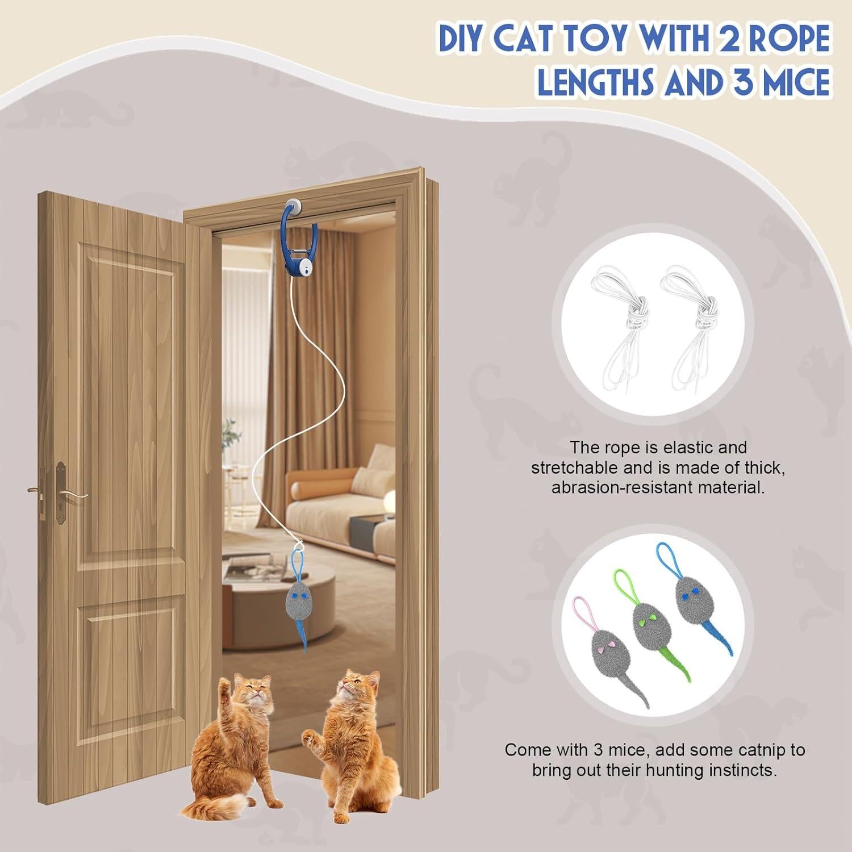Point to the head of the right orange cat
pyautogui.click(x=357, y=690)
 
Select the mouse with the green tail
pyautogui.click(x=647, y=625)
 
